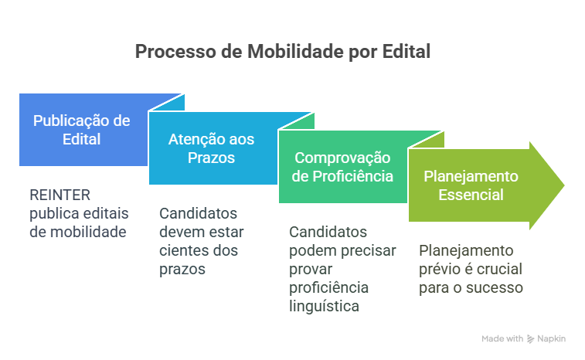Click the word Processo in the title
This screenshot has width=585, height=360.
(175, 52)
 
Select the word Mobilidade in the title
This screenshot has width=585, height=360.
(295, 51)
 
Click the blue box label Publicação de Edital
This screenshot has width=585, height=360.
(81, 130)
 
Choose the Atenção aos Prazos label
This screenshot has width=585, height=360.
(211, 148)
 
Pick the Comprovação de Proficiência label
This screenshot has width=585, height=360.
(342, 167)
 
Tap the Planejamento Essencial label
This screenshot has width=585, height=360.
(471, 185)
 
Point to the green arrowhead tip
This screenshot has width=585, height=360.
(563, 185)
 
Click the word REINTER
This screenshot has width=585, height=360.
(60, 195)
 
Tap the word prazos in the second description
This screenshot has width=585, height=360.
(182, 270)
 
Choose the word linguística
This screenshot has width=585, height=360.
(324, 306)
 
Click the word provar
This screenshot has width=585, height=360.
(311, 270)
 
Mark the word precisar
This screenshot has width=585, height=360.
(369, 251)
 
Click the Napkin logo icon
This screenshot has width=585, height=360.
(531, 338)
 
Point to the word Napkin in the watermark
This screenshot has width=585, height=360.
(552, 338)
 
